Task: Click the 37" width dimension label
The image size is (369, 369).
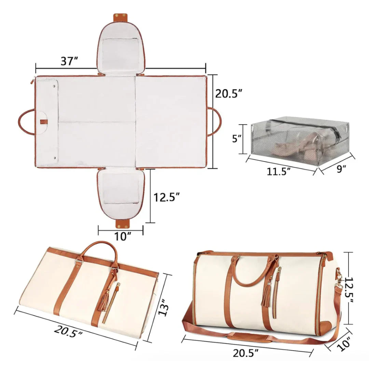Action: (x=69, y=61)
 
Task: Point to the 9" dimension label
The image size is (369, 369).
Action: (x=341, y=169)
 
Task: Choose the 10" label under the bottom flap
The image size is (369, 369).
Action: (x=121, y=236)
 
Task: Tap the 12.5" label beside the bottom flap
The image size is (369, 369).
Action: (x=166, y=197)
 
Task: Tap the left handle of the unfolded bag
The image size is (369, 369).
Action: (x=26, y=122)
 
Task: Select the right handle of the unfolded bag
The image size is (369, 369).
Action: (x=215, y=122)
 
